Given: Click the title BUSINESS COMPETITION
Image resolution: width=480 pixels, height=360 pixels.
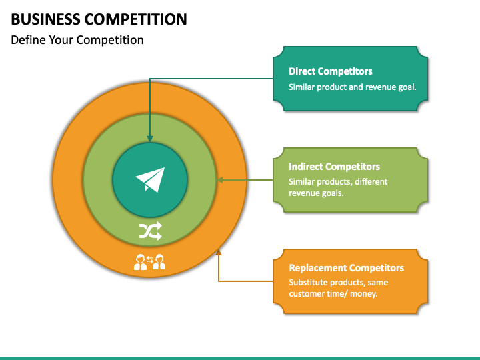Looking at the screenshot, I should coord(99,19).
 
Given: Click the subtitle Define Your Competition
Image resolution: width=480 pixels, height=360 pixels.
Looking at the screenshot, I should coord(77,40).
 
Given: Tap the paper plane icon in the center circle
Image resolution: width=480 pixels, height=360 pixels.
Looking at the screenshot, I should coord(150,179).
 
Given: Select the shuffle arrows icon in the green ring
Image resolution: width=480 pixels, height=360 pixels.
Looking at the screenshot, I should coord(150,231).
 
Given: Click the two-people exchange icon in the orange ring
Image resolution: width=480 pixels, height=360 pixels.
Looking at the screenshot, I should coord(150,262).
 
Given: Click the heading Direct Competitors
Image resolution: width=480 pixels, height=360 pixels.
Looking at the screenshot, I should coord(330,71).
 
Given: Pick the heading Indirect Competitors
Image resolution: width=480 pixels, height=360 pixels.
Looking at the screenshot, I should coord(334,167).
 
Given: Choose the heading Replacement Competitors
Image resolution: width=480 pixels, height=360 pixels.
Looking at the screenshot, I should coord(346,268).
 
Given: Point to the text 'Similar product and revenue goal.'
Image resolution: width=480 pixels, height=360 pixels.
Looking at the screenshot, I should coord(352,87).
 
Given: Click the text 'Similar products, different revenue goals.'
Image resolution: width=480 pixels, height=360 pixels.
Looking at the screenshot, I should coord(338,187).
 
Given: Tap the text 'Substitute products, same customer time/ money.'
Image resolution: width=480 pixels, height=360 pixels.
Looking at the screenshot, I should coord(338,288).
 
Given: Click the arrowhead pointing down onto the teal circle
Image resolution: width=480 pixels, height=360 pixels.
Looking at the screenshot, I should coord(150,137).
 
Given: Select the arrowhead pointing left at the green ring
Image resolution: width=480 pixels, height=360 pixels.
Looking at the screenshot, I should coord(221,180).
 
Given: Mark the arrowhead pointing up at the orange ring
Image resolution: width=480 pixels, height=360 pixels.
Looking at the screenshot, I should coord(219,251).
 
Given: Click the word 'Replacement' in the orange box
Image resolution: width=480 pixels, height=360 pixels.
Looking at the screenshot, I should coord(315,268).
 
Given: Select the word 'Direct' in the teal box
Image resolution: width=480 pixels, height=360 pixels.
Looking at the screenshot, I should coord(302,71).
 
